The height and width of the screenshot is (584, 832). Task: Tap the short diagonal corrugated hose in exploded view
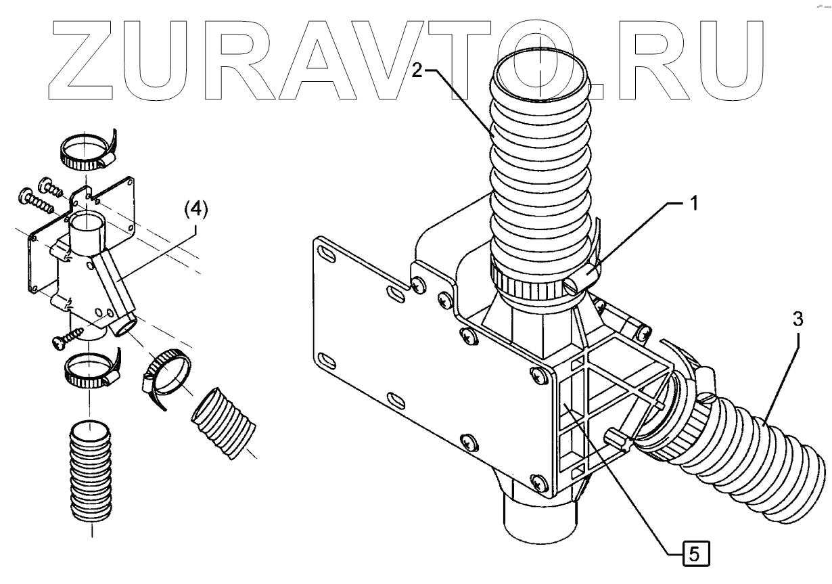(x=224, y=422)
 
